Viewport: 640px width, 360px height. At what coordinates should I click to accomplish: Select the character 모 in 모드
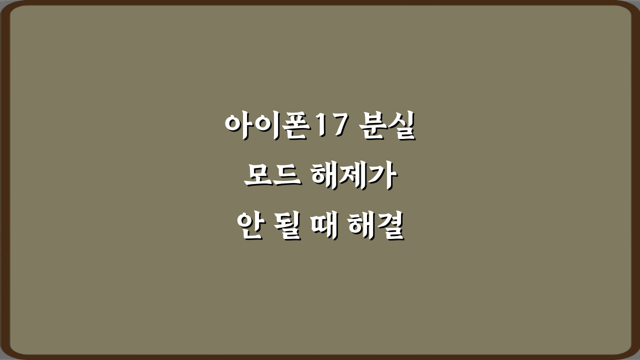click(258, 176)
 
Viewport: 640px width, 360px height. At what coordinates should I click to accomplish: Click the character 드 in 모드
click(286, 176)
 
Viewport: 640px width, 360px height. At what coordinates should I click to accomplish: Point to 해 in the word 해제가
click(325, 176)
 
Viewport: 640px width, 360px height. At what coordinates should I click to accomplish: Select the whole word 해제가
click(353, 176)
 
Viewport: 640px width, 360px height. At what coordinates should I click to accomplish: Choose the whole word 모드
click(272, 176)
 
